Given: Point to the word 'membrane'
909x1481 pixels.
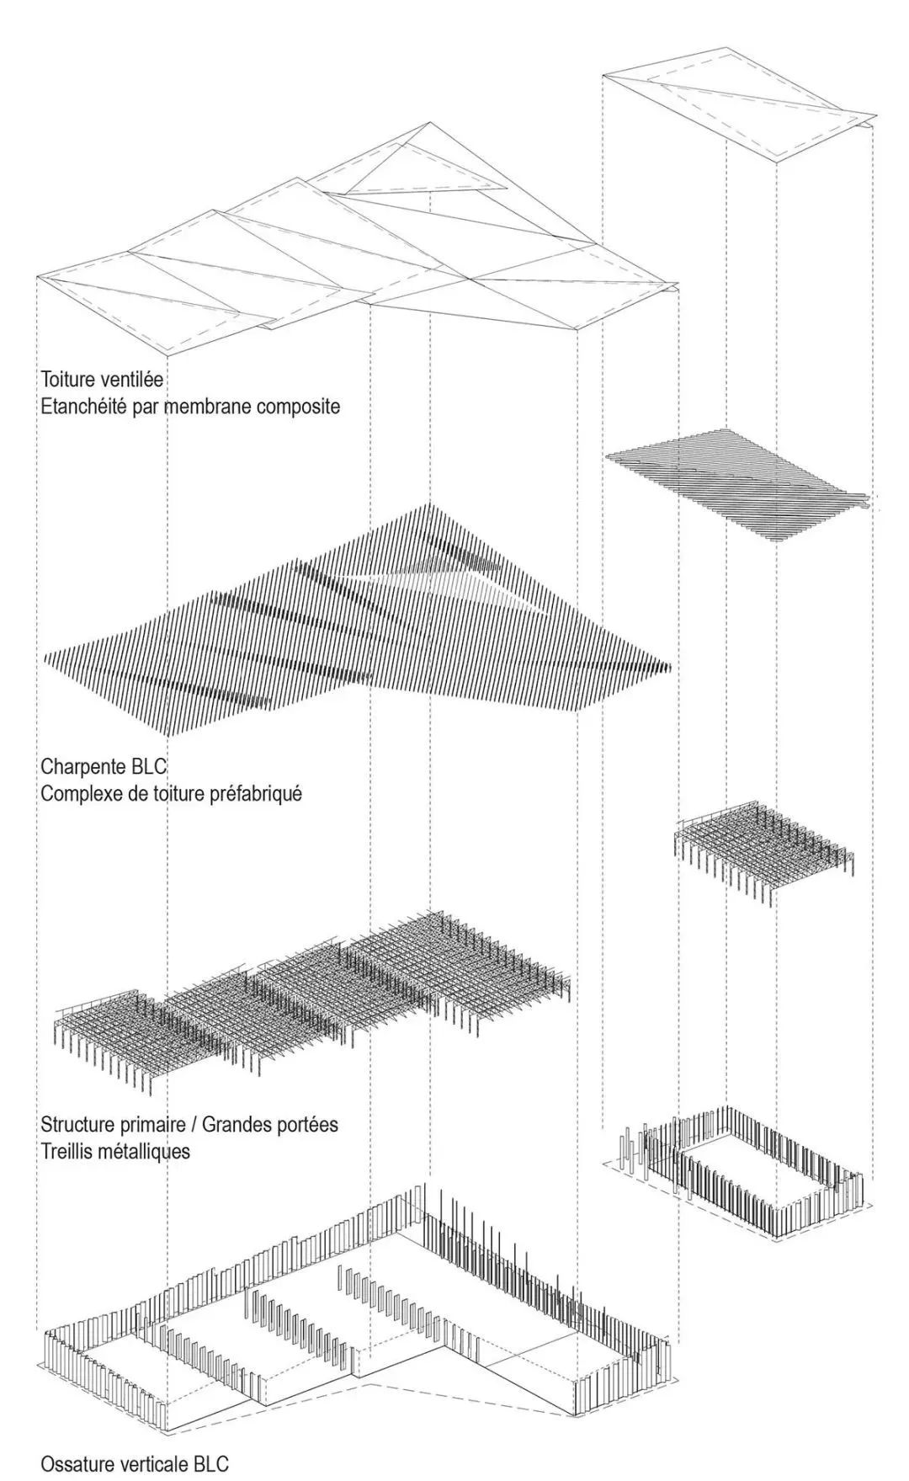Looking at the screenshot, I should [x=208, y=407].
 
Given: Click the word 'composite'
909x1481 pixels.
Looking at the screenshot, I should [x=298, y=407].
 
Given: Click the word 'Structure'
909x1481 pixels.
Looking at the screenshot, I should [x=77, y=1124].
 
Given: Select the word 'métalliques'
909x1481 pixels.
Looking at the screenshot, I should [x=144, y=1151].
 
